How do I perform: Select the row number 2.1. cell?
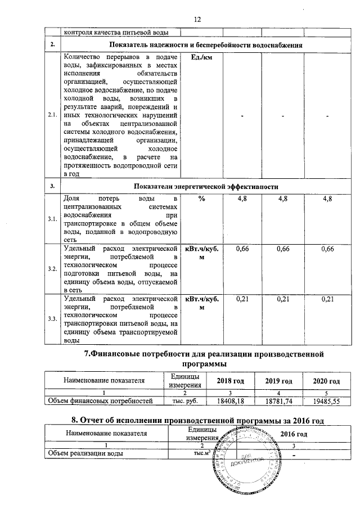[52, 115]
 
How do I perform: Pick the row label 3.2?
[52, 269]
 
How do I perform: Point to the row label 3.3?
[52, 319]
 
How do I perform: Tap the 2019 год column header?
[278, 381]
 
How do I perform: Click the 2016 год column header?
[294, 434]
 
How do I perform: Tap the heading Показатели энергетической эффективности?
[205, 186]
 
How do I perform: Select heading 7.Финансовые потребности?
[204, 358]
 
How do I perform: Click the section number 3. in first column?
[52, 186]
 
